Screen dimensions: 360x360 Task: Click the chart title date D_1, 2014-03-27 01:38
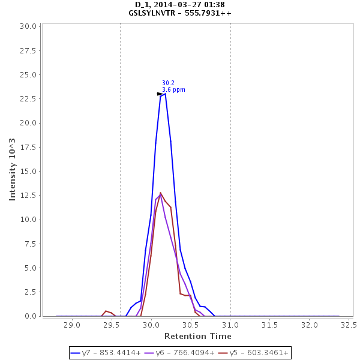pyautogui.click(x=180, y=5)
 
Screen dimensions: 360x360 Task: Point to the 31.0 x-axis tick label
pyautogui.click(x=230, y=325)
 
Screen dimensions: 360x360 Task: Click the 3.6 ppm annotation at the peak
pyautogui.click(x=173, y=90)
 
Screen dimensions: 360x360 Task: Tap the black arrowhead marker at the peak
pyautogui.click(x=160, y=94)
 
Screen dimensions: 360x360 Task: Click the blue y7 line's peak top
pyautogui.click(x=164, y=94)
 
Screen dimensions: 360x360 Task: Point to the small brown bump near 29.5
pyautogui.click(x=106, y=311)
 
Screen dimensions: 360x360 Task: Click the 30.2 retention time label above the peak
pyautogui.click(x=168, y=83)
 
